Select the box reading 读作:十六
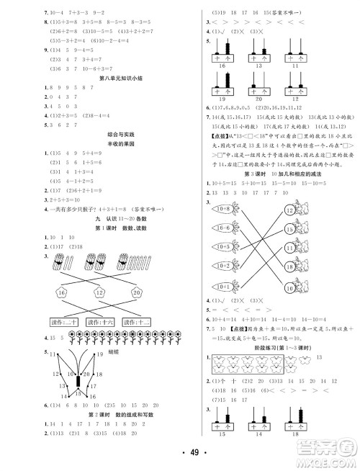tap(91, 322)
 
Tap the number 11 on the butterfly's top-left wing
tap(53, 354)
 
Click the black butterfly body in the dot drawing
tap(78, 380)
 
